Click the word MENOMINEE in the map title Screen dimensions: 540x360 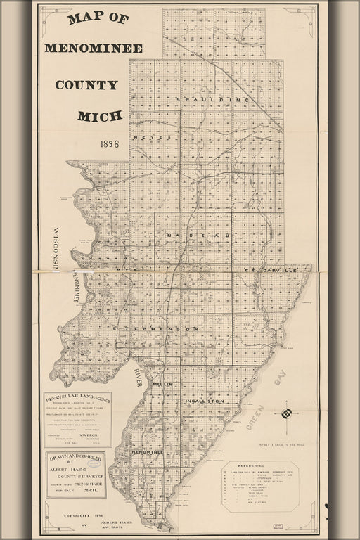point(94,49)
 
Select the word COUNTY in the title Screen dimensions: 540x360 point(86,85)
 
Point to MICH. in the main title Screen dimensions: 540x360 point(102,115)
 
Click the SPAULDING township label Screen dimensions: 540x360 point(213,100)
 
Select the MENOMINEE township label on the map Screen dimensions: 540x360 point(147,452)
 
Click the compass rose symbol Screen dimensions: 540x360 point(285,409)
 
